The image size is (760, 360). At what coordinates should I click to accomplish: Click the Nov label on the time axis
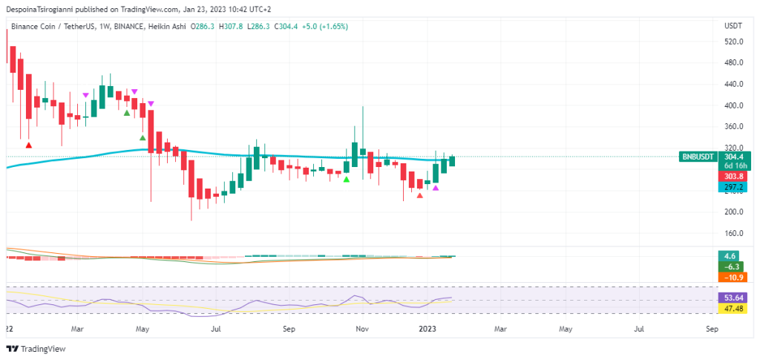361,327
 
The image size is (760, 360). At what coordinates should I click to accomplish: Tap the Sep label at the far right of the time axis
712,327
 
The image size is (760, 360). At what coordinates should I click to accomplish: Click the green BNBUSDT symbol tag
698,157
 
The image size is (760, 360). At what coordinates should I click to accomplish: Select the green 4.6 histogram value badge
730,256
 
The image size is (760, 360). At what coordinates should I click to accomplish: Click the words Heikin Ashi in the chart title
166,26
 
